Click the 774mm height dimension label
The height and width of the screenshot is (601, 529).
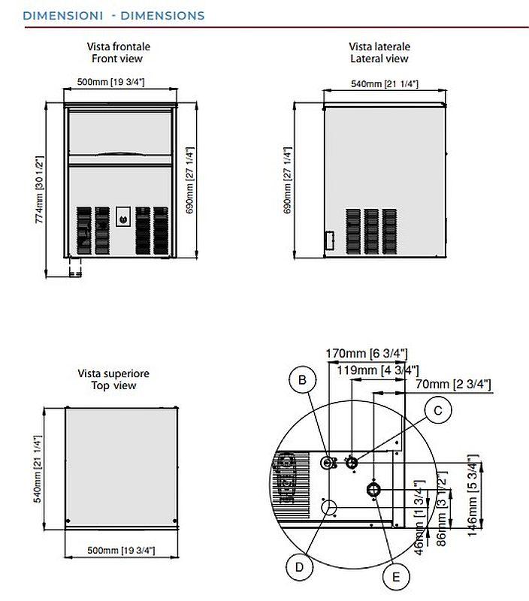coord(40,189)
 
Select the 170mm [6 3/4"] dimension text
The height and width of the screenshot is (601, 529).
coord(367,353)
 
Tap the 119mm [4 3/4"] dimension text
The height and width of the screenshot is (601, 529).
coord(377,370)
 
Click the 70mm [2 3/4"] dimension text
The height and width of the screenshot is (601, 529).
coord(453,384)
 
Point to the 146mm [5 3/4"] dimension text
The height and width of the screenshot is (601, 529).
coord(473,495)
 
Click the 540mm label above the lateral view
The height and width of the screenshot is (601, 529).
coord(385,83)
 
